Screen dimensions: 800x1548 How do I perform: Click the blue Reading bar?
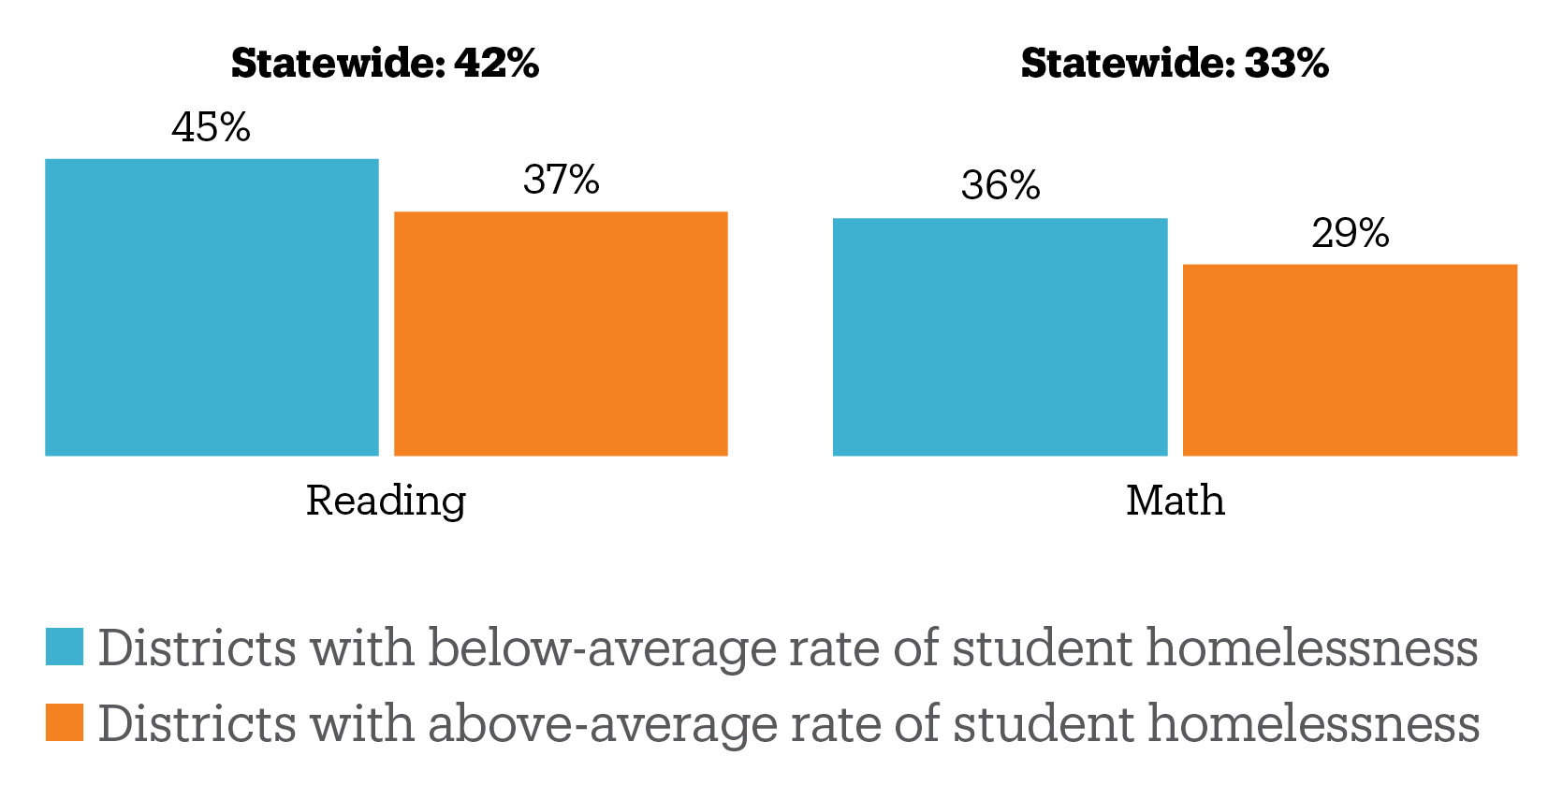(212, 307)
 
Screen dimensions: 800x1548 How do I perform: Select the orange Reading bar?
(561, 333)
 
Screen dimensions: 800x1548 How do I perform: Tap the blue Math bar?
(1000, 337)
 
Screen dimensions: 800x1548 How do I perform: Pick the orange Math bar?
(1350, 359)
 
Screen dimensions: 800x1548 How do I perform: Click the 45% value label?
(212, 127)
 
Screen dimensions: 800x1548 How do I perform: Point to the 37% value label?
(562, 180)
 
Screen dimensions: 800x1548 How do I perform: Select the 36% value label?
(1000, 185)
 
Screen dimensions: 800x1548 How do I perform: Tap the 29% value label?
(1351, 233)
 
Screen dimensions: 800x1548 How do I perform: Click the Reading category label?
(386, 501)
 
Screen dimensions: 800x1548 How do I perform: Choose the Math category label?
(1175, 501)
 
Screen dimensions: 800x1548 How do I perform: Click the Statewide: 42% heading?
(385, 64)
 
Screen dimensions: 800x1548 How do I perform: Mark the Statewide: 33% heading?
(1175, 64)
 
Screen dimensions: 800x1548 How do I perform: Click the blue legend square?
(65, 647)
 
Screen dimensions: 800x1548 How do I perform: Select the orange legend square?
(65, 722)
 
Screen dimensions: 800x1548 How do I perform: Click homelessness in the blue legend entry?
(1312, 647)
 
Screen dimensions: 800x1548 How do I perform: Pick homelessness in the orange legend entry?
(1314, 723)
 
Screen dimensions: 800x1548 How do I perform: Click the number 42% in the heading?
(496, 64)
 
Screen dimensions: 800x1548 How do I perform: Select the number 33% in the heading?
(1286, 64)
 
